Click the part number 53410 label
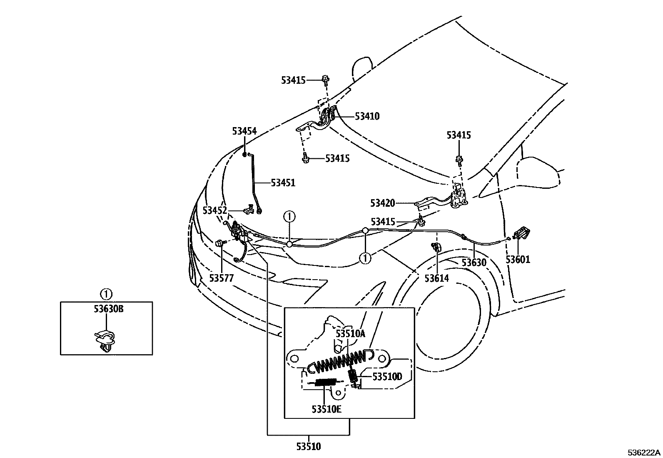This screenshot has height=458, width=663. [367, 116]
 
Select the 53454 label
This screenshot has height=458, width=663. [244, 132]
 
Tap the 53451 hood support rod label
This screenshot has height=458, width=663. [283, 183]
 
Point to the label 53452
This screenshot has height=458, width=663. [215, 210]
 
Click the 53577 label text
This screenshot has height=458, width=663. [222, 278]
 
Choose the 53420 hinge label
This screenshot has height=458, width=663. [382, 203]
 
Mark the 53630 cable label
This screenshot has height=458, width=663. [474, 263]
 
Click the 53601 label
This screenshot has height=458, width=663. [518, 260]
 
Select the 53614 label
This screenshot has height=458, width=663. [436, 278]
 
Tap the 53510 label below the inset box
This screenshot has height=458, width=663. [309, 447]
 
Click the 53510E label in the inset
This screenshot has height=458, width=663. [326, 409]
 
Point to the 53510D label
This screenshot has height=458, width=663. [387, 377]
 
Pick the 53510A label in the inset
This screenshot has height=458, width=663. [350, 333]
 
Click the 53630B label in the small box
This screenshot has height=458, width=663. [106, 309]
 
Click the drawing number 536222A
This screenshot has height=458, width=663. [644, 453]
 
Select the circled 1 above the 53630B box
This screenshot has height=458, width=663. [106, 294]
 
